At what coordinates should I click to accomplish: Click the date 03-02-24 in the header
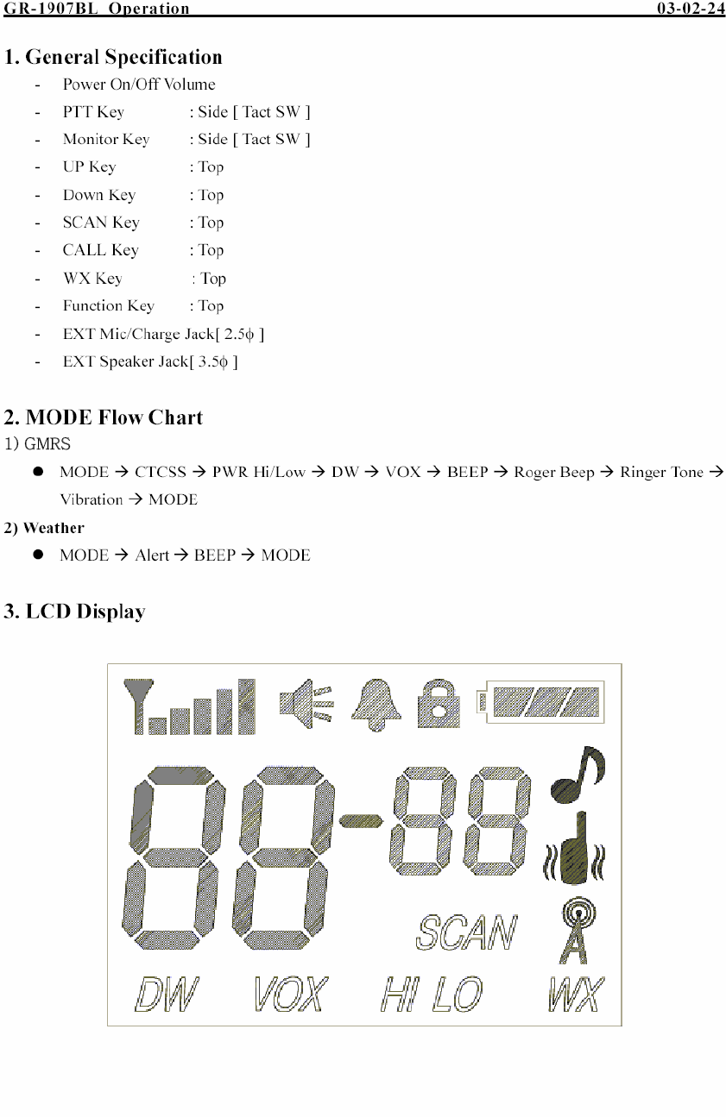[x=691, y=9]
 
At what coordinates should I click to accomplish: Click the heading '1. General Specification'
[x=113, y=58]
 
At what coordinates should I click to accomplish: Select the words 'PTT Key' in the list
[x=93, y=112]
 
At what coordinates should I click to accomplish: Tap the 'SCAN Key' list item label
[x=101, y=223]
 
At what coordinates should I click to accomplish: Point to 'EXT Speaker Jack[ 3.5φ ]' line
[x=150, y=361]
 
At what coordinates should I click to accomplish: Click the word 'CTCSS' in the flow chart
[x=161, y=472]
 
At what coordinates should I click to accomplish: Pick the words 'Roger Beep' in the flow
[x=553, y=472]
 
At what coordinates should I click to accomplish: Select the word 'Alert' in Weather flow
[x=152, y=555]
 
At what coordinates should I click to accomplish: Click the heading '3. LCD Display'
[x=74, y=612]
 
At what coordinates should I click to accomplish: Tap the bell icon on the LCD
[x=376, y=704]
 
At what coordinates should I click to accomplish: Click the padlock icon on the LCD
[x=439, y=704]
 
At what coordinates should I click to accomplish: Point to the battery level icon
[x=541, y=701]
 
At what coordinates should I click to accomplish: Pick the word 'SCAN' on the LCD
[x=467, y=932]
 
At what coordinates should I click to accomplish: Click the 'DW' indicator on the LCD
[x=167, y=995]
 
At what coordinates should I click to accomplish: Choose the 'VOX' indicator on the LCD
[x=291, y=995]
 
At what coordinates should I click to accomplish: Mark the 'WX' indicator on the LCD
[x=576, y=995]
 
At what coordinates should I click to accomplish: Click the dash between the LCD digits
[x=361, y=820]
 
